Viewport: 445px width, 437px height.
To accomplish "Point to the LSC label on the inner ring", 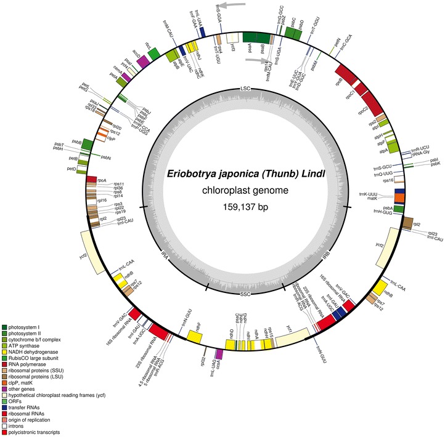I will tap(245, 90).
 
